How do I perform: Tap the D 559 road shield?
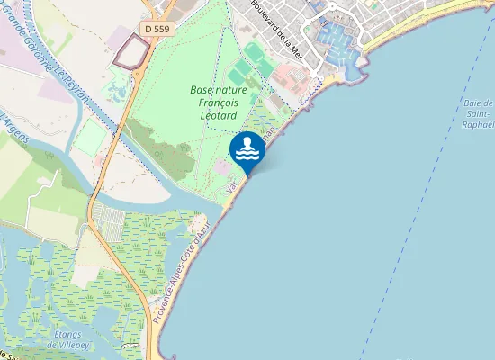tap(156, 29)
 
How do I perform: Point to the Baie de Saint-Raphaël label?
tap(475, 115)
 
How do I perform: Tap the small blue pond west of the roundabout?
tap(117, 91)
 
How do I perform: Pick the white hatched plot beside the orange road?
tap(106, 221)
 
